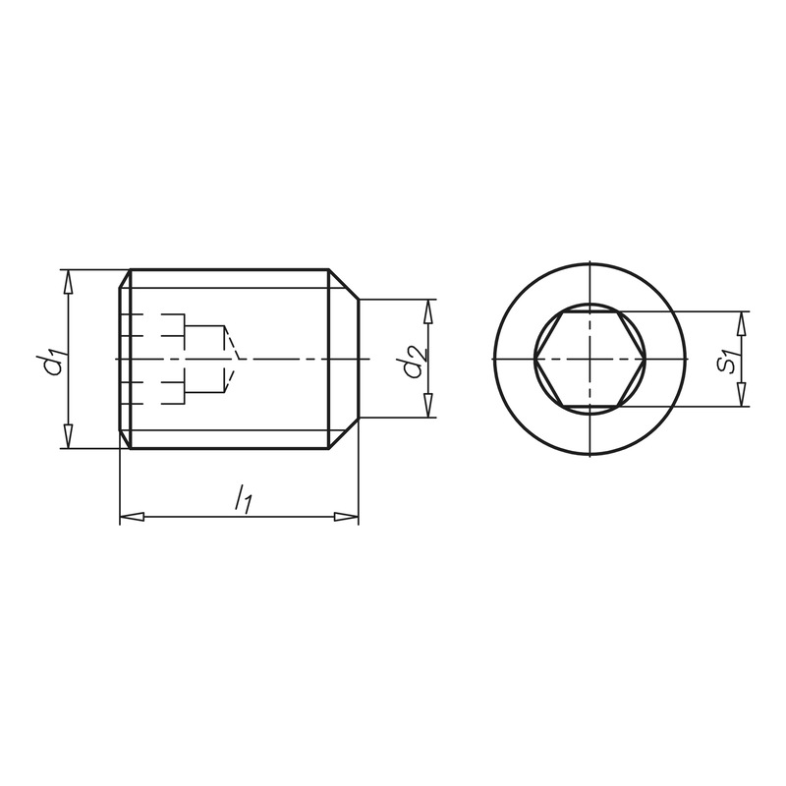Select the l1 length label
[243, 498]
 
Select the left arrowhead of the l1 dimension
[133, 517]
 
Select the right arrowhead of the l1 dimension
[347, 517]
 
